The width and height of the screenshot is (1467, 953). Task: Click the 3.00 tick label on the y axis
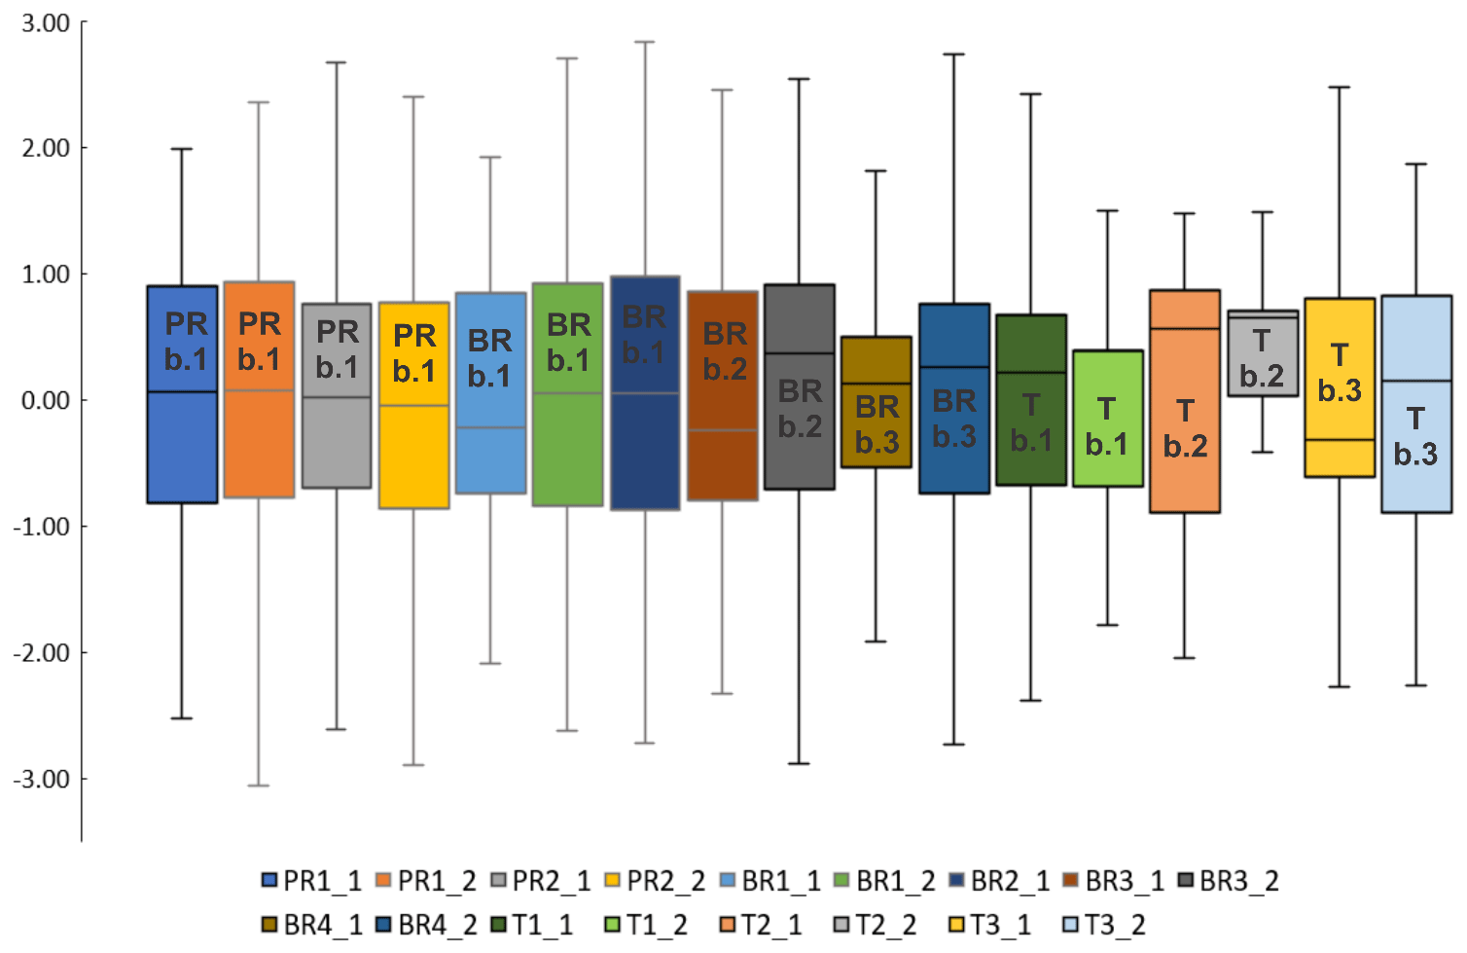[46, 22]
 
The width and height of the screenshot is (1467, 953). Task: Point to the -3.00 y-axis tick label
[42, 779]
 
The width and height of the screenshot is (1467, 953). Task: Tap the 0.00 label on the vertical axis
[46, 400]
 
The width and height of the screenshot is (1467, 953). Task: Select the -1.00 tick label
[42, 527]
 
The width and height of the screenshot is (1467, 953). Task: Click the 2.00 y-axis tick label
[46, 148]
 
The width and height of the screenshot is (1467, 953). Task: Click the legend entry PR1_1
[311, 881]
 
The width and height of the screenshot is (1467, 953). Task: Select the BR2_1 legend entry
[999, 881]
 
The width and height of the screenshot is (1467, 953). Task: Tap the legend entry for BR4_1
[311, 925]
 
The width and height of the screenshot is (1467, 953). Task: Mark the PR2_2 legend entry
[655, 881]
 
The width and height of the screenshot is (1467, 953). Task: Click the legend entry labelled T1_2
[645, 925]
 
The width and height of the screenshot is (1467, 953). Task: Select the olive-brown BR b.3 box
[877, 401]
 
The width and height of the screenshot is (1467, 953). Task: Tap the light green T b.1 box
[1108, 418]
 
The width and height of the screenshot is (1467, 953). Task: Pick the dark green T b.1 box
[1031, 399]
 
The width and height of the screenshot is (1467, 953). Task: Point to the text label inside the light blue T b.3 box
[1415, 436]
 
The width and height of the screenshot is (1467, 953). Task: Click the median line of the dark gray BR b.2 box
[800, 353]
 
